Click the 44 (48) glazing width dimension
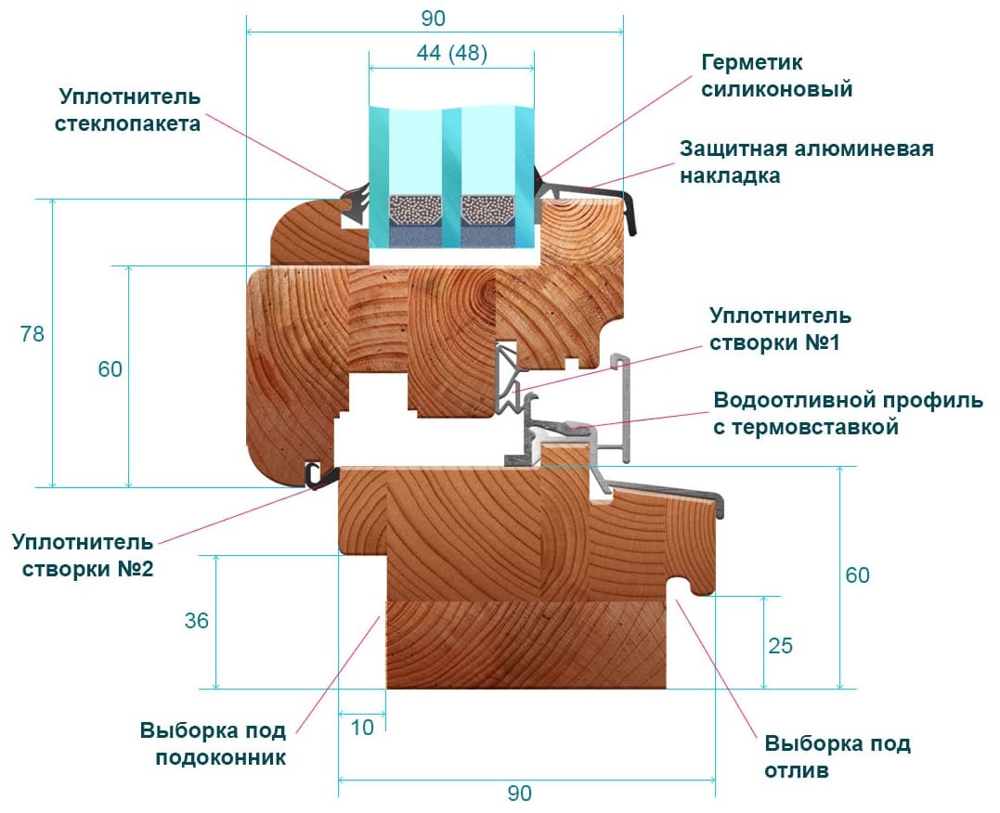[x=451, y=54]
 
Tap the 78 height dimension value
[x=32, y=334]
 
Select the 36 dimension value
[x=196, y=621]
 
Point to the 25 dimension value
[x=781, y=645]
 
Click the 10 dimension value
[x=362, y=728]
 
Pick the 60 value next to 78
[x=110, y=368]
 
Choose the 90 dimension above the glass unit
[x=433, y=18]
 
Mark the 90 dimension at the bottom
[x=520, y=794]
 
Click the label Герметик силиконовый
[x=777, y=76]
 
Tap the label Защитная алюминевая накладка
[x=806, y=161]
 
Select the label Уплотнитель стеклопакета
[x=130, y=110]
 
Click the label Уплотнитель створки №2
[x=83, y=554]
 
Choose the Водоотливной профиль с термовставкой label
[x=847, y=414]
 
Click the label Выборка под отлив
[x=838, y=756]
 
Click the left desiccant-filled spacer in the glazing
[x=413, y=212]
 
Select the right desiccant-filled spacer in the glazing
[x=488, y=212]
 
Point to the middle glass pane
[x=451, y=158]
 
